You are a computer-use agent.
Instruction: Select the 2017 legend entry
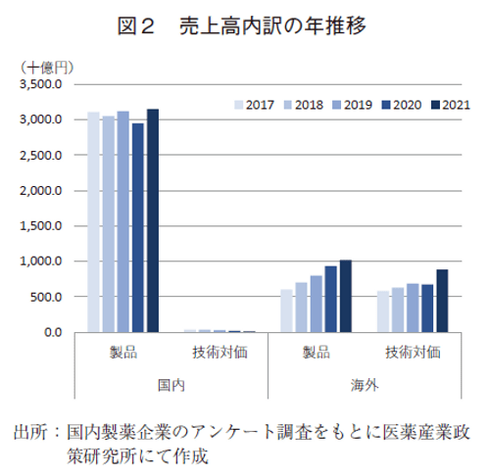pos(253,104)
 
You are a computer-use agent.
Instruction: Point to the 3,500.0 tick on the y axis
pos(41,84)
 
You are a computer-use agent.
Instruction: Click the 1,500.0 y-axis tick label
pos(41,226)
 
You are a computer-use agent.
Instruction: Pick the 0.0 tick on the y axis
pos(55,332)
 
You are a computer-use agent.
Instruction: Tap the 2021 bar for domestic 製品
pos(152,220)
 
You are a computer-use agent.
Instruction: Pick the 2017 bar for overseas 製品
pos(286,310)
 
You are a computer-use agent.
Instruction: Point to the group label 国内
pos(171,385)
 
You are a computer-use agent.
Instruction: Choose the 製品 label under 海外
pos(316,351)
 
